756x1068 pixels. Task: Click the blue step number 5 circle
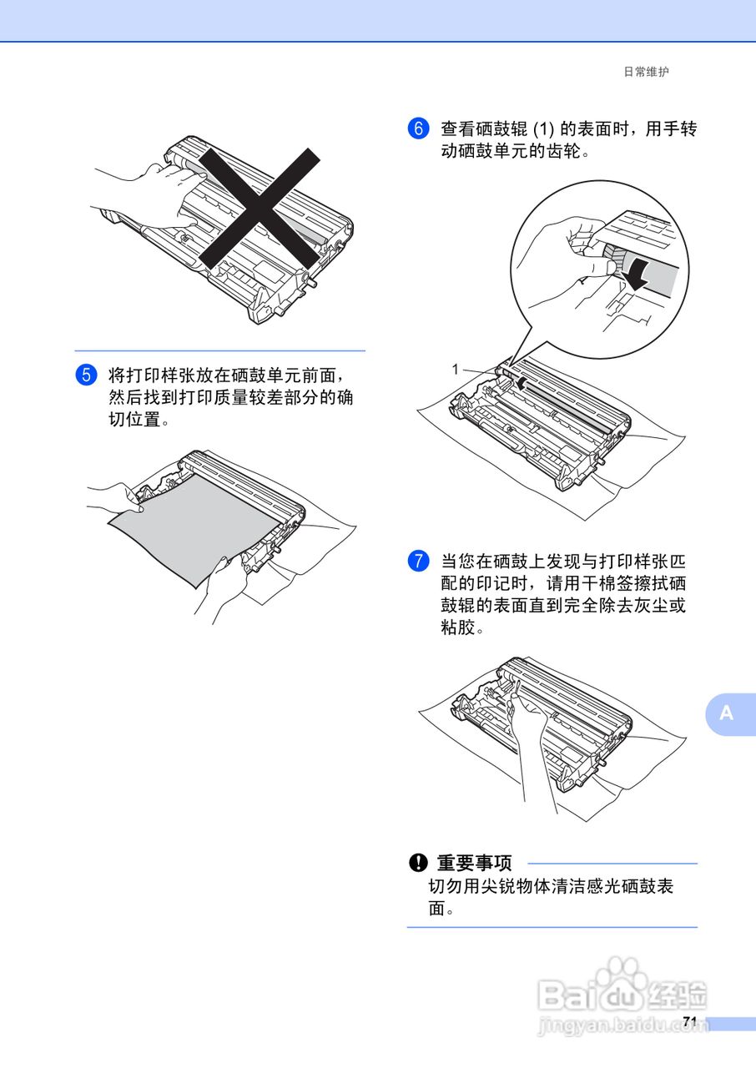[86, 374]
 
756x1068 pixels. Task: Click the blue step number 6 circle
[417, 128]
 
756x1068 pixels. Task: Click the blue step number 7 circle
[417, 561]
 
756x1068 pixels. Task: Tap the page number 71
[689, 1022]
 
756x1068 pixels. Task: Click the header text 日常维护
[647, 73]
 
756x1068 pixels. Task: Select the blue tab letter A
[727, 713]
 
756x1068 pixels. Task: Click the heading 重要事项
[474, 863]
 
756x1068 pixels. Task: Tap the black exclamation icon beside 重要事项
[417, 863]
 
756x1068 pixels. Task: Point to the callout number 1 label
[456, 368]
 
